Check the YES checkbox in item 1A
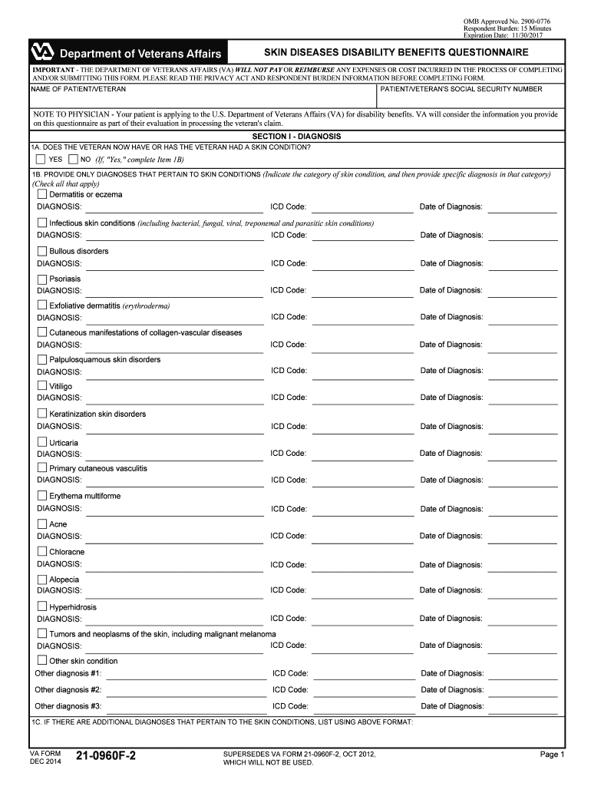coord(41,160)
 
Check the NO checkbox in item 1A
coord(73,160)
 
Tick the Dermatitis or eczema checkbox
coord(42,195)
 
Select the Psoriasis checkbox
coord(42,279)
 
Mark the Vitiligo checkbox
coord(42,386)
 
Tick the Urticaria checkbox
coord(42,443)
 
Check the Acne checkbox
coord(42,524)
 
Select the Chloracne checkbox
coord(42,552)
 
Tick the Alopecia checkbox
coord(42,580)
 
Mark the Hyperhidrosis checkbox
coord(42,607)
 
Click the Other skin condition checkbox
coord(42,661)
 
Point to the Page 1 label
coord(552,755)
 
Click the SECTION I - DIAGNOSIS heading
coord(296,136)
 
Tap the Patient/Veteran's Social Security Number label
coord(461,89)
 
